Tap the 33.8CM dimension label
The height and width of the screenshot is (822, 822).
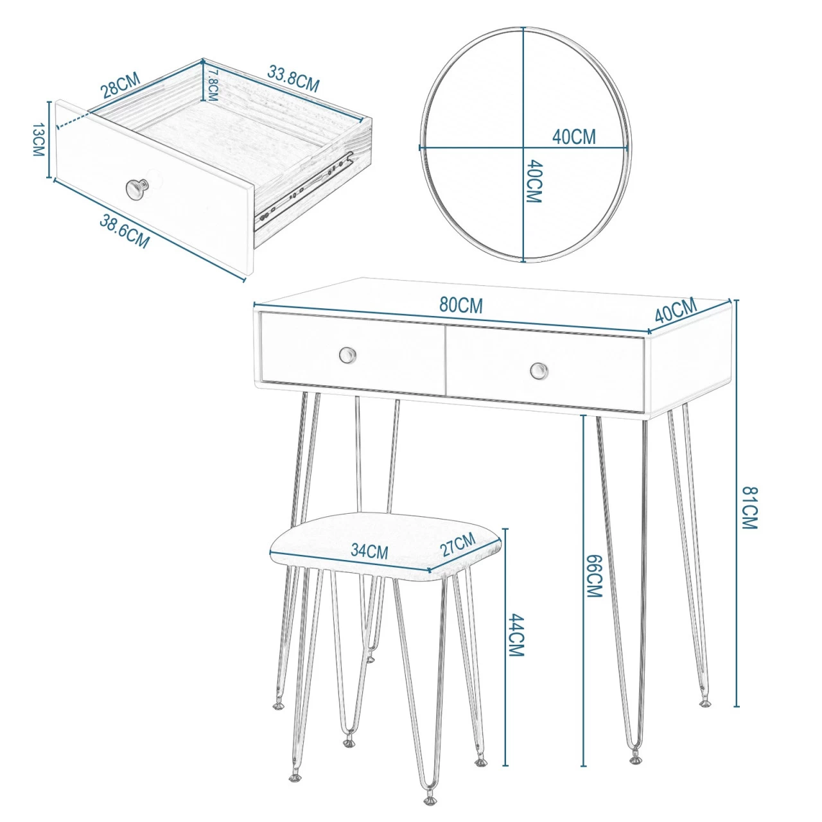coord(293,78)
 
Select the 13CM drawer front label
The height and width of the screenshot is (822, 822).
coord(39,139)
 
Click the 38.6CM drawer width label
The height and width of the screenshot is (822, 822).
coord(124,232)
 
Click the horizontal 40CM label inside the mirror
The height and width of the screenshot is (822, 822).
coord(573,137)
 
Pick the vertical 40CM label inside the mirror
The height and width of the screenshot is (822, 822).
coord(534,181)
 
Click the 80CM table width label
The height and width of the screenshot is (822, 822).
coord(461,306)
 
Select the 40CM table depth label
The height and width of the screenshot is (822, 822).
coord(676,311)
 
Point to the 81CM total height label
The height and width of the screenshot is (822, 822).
coord(749,507)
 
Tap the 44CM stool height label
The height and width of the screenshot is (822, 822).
coord(516,634)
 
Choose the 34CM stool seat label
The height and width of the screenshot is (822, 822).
coord(369,552)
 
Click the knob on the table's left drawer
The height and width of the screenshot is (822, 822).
coord(347,354)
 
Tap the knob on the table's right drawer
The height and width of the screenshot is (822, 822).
coord(539,370)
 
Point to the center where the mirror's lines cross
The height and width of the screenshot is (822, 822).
coord(524,148)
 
